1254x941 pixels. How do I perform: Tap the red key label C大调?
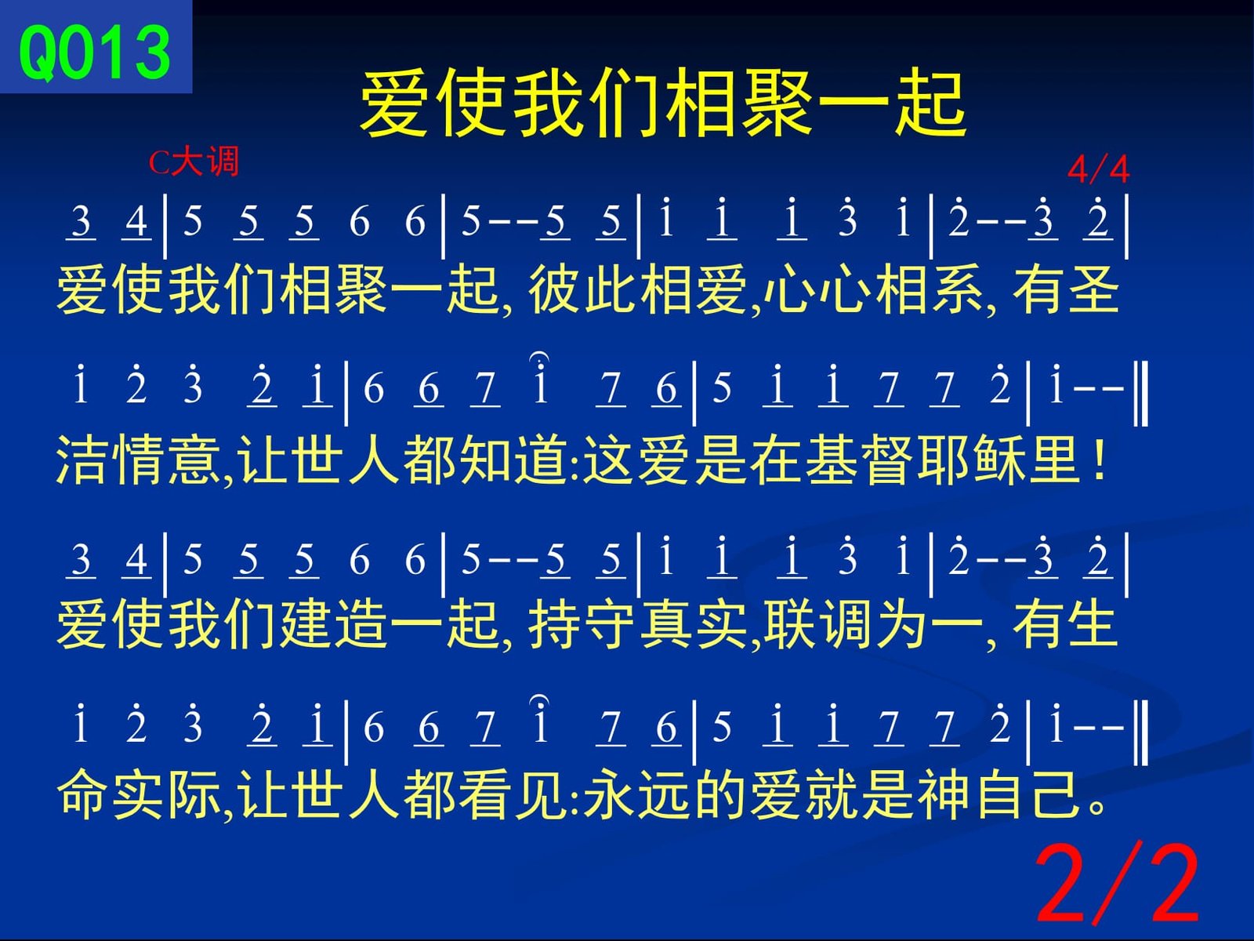(x=193, y=162)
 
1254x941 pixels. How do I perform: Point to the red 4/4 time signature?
(x=1098, y=169)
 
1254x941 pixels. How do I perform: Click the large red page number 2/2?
(x=1117, y=884)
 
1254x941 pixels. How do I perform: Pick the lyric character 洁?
(x=82, y=460)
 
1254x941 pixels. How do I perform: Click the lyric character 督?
(x=887, y=460)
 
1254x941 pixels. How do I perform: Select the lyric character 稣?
(x=999, y=460)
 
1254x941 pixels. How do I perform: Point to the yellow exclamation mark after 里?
(x=1098, y=460)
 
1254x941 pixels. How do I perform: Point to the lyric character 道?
(x=541, y=460)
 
